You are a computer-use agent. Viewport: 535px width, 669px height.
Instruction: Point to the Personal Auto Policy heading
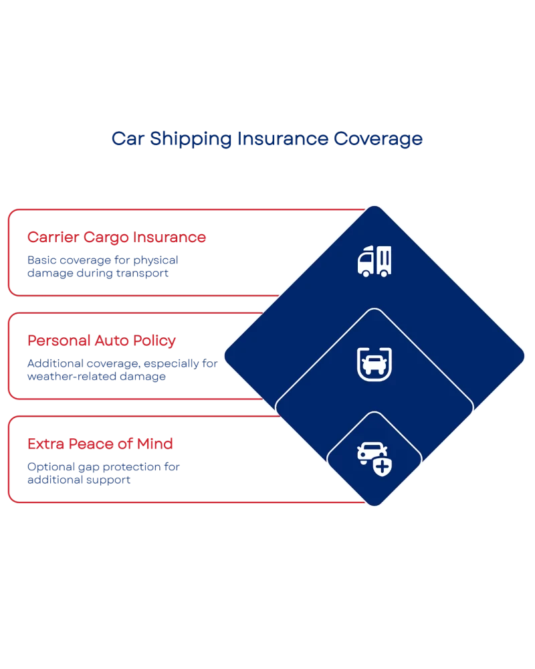102,341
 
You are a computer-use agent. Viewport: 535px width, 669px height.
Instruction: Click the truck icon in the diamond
374,261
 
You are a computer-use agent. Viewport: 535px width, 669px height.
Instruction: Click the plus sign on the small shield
383,466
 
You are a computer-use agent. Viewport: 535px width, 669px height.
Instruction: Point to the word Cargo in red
106,237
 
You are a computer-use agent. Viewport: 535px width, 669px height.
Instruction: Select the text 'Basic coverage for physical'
102,260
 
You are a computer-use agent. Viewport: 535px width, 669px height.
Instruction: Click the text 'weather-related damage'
96,377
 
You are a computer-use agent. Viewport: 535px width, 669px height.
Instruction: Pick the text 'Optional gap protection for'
104,466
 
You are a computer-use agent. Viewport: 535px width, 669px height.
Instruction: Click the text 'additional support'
79,480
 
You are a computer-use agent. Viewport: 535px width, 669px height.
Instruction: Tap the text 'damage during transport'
94,273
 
